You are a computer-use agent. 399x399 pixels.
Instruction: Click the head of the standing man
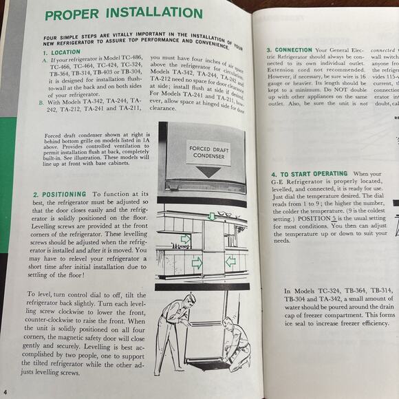coord(189,301)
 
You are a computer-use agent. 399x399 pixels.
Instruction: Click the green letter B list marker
coord(41,103)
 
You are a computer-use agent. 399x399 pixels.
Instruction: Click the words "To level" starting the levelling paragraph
coord(46,294)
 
